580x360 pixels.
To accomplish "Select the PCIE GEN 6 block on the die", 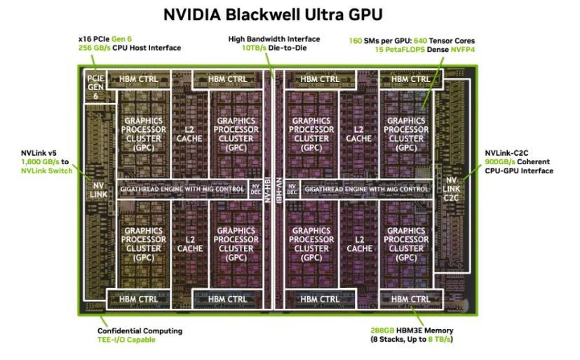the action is pos(95,87).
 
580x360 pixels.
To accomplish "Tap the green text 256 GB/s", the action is pos(94,48).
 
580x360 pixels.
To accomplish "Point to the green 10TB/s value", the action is pos(254,48).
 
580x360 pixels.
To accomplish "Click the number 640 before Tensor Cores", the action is pos(421,41).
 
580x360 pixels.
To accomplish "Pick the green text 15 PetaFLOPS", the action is pos(400,50).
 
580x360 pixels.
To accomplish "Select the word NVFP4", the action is pos(463,50).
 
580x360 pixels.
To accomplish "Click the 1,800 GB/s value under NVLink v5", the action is pos(40,161).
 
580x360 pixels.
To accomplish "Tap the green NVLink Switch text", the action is pos(46,171).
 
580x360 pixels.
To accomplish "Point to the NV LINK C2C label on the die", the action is pos(451,189).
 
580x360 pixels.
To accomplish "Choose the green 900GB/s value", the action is pos(500,161).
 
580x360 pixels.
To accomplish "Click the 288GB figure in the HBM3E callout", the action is pos(382,331).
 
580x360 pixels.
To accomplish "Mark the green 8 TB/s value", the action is pos(440,339).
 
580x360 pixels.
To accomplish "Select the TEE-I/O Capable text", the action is pos(126,340).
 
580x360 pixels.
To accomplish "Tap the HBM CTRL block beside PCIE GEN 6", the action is pos(139,79).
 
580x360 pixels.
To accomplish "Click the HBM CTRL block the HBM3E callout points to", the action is pos(411,299).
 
